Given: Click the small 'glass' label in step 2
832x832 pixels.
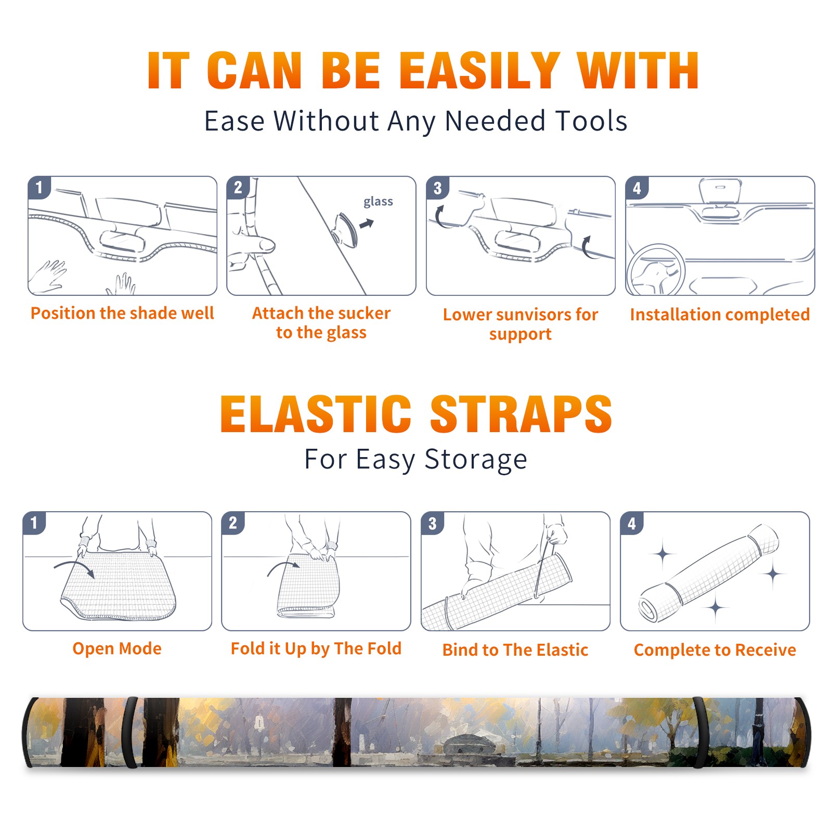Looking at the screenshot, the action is [x=378, y=202].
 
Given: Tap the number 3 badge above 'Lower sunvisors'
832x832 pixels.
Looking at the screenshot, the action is [x=437, y=188].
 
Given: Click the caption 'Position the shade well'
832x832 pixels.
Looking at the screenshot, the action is [x=122, y=313].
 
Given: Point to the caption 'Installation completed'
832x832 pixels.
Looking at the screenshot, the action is [x=720, y=314].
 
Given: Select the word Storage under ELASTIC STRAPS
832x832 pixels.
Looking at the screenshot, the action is [x=476, y=460].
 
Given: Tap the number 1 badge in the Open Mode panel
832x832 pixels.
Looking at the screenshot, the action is [x=34, y=523].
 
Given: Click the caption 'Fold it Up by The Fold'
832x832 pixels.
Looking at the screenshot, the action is [x=316, y=648].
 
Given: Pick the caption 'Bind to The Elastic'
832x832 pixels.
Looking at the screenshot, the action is [x=515, y=650].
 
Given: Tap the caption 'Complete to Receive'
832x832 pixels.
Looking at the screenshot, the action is [x=715, y=650].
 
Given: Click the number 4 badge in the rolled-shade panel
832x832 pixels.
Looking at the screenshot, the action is [x=632, y=523].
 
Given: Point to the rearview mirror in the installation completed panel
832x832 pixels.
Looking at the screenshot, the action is [x=720, y=191].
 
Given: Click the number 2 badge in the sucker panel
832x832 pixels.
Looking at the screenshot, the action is [x=238, y=188].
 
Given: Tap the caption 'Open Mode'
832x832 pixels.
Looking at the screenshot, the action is [x=117, y=648].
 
